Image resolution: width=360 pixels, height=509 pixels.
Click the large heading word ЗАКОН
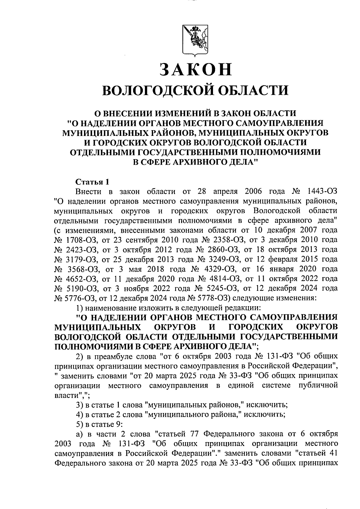[x=196, y=69]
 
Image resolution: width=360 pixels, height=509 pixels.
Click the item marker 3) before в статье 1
[x=79, y=405]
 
